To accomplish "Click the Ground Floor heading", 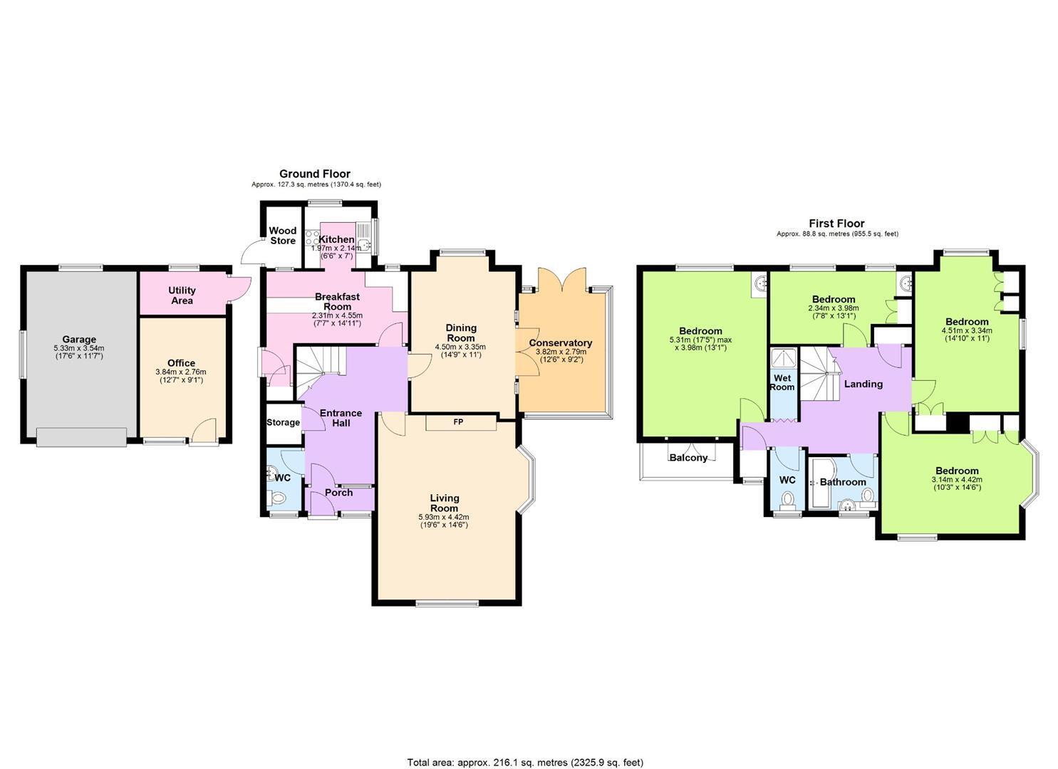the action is [315, 174].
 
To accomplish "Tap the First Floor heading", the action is [836, 224].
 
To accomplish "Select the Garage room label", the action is [79, 339].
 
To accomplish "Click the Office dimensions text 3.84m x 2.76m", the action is [181, 372].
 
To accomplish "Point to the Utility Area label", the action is [182, 295].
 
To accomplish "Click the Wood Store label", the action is [283, 236].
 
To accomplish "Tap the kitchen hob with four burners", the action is [313, 237].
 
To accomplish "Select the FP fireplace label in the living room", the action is [458, 422].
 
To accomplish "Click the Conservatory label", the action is [560, 343].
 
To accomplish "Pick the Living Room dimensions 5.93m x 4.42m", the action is [444, 517].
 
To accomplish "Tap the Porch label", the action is [338, 492].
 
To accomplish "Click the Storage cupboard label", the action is [283, 422].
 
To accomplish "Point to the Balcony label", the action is [689, 457].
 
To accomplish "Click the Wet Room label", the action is [782, 382].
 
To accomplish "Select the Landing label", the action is [863, 384].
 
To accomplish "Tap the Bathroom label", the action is [843, 482].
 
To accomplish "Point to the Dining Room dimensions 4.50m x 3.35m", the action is [460, 347].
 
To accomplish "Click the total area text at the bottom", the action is [525, 748].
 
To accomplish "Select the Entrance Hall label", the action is [341, 418].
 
